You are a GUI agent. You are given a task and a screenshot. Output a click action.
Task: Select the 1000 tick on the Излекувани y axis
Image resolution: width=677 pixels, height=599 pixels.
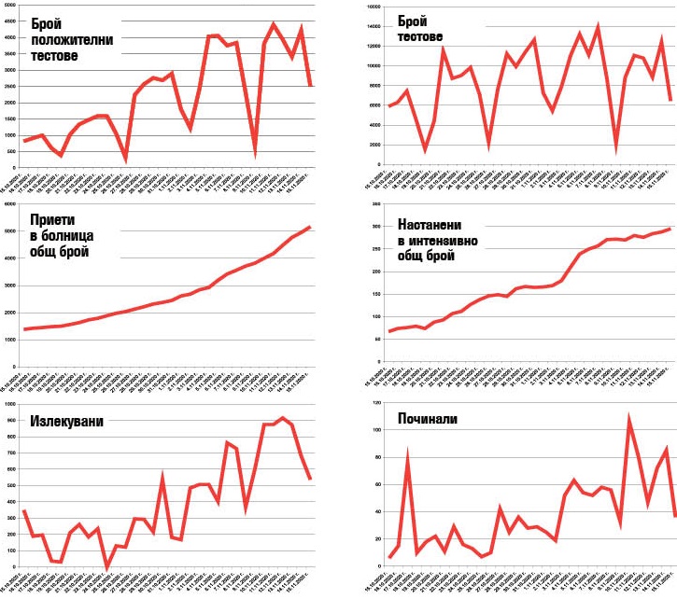click(x=8, y=404)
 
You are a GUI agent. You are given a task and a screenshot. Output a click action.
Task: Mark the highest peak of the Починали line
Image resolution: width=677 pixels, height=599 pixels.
click(x=628, y=419)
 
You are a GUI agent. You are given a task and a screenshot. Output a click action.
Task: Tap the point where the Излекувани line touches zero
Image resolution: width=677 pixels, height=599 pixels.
click(x=106, y=565)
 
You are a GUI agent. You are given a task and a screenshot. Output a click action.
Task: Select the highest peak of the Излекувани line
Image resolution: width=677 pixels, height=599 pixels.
click(x=282, y=418)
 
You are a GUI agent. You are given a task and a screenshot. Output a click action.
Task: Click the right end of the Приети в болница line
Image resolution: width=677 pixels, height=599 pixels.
click(x=309, y=227)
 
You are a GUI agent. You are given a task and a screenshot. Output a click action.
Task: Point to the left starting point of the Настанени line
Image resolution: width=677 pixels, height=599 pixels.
click(x=365, y=331)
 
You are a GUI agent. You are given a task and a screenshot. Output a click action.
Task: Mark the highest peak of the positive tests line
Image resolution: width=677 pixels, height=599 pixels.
click(x=274, y=24)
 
